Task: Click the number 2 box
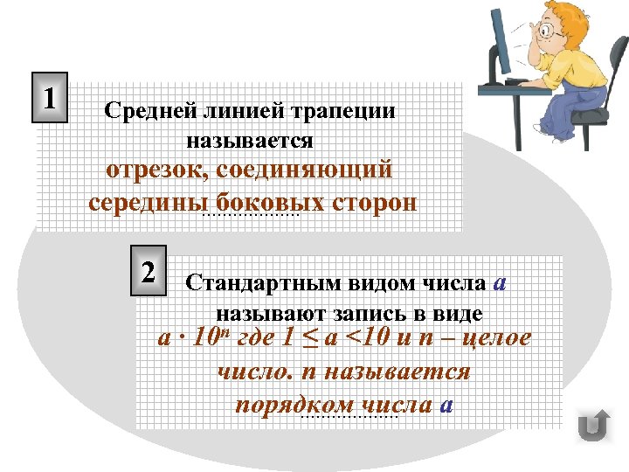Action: pos(149,270)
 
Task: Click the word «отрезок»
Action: pos(155,170)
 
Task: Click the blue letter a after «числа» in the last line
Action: pos(446,405)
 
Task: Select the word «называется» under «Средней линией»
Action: pos(249,139)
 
